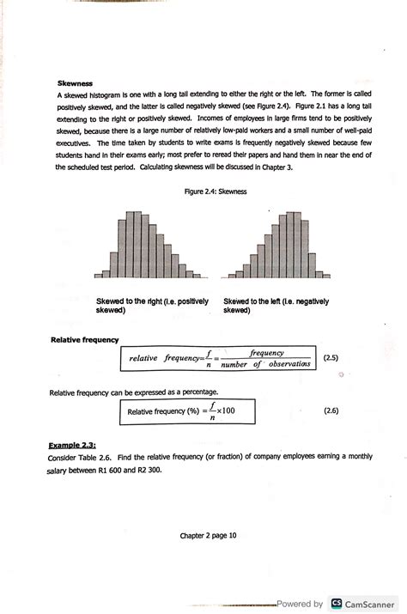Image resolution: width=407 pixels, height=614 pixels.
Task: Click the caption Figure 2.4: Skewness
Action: (x=216, y=191)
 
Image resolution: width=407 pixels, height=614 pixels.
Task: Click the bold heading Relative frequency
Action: (x=84, y=340)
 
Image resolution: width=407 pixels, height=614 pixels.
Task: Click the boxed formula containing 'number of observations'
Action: (x=219, y=358)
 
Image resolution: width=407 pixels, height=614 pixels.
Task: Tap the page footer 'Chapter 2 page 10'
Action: (x=208, y=535)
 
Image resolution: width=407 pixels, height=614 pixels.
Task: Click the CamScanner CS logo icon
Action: (x=337, y=604)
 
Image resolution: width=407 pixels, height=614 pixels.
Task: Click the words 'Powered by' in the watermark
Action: (x=300, y=604)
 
